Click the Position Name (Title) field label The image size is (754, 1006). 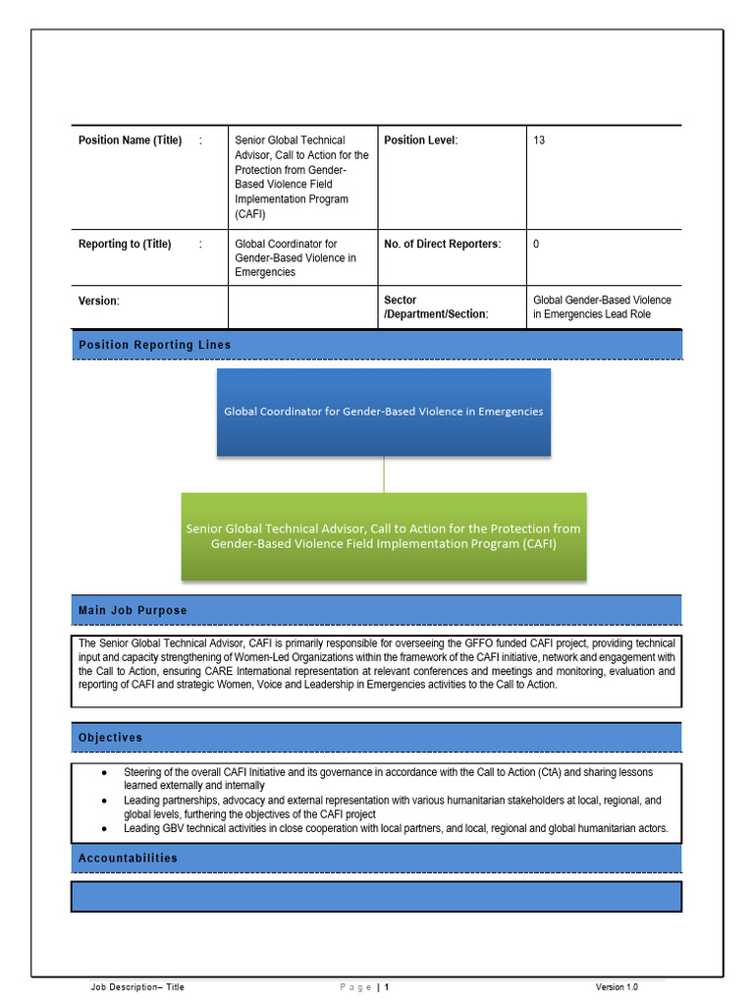coord(130,140)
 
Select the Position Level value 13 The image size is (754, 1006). coord(539,140)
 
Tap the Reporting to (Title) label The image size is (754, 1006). coord(125,244)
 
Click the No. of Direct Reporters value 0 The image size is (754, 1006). coord(536,244)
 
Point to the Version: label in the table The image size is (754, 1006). coord(98,301)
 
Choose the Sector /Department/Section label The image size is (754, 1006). coord(436,307)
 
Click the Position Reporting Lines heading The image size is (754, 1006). coord(155,345)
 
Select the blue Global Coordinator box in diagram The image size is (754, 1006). coord(383,412)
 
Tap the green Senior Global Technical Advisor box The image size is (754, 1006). coord(383,535)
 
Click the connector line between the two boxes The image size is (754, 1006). coord(384,475)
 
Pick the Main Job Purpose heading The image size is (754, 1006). coord(133,610)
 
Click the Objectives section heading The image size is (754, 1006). coord(110,738)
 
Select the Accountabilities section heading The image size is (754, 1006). coord(128,858)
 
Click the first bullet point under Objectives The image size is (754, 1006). coord(105,773)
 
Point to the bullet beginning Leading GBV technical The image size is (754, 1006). coord(105,829)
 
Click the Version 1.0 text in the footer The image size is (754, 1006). coord(617,986)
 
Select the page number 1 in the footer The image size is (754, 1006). coord(387,986)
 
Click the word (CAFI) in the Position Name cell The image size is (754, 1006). coord(250,214)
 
